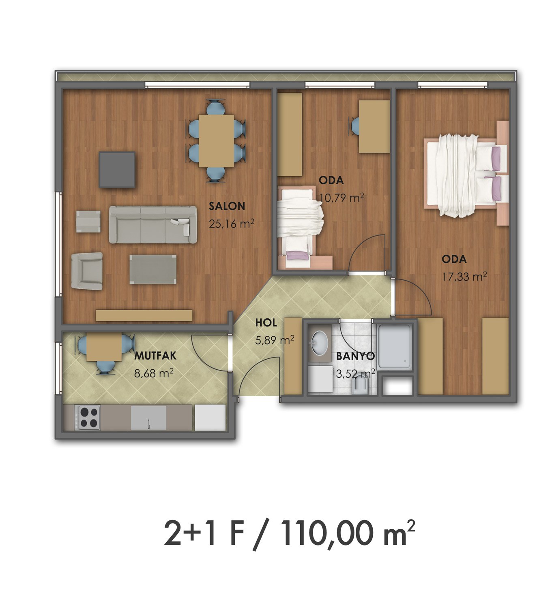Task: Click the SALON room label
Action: click(227, 206)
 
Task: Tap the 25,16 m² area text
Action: click(232, 224)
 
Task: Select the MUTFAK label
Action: click(155, 356)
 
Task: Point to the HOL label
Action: click(266, 323)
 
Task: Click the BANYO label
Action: click(355, 356)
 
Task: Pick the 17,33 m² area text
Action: click(464, 276)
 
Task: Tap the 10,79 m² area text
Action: click(341, 198)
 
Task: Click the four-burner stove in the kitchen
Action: click(89, 418)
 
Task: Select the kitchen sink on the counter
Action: click(148, 418)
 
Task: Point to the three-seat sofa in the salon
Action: click(152, 224)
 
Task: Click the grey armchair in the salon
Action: click(87, 271)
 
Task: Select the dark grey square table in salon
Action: click(117, 170)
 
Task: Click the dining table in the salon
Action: click(216, 141)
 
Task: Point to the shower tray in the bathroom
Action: click(394, 346)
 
